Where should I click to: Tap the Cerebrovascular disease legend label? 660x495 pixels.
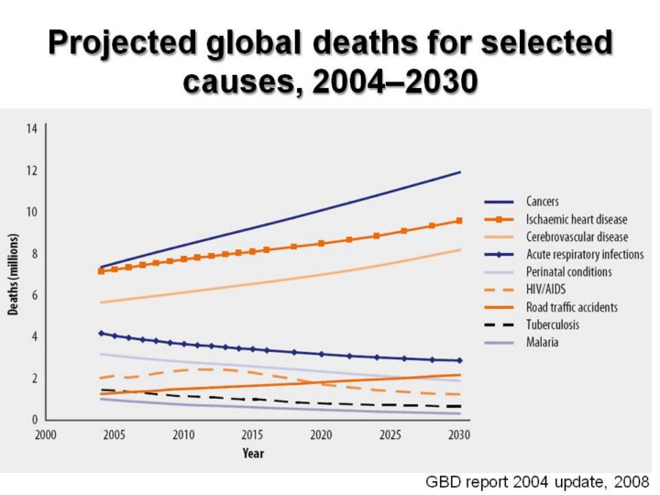point(577,236)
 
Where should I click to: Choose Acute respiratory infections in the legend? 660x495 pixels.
point(584,254)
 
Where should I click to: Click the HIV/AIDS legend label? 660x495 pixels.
point(545,290)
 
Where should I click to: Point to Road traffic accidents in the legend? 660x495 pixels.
point(572,307)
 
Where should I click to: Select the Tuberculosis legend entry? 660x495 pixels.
point(550,324)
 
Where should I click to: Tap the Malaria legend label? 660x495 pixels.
point(541,342)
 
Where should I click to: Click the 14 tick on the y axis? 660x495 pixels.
point(31,129)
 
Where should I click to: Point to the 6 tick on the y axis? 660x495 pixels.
point(34,295)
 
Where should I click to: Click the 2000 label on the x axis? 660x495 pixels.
point(46,435)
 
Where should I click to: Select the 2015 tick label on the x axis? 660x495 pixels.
point(252,435)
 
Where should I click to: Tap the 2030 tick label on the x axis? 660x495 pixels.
point(458,435)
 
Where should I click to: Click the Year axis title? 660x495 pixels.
point(253,453)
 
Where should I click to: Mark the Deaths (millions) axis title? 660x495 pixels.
point(15,274)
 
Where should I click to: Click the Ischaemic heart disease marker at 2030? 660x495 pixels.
point(458,221)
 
